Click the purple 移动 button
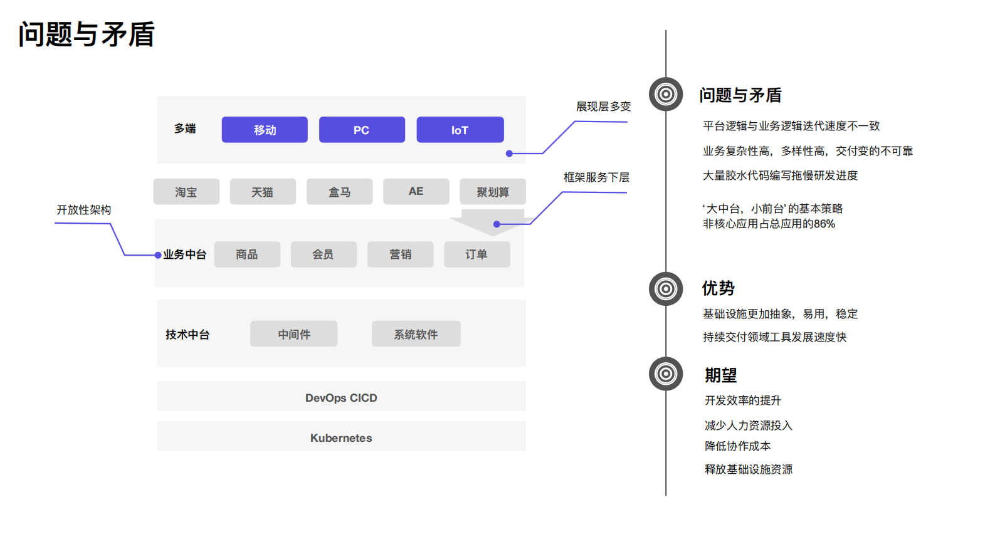coord(265,130)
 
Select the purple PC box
coord(362,130)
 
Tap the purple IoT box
coord(460,130)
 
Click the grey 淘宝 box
coord(186,192)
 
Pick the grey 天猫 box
coord(263,192)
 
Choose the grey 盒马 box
coord(339,192)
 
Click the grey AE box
coord(416,191)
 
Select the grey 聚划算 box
coord(492,192)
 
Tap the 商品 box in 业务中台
coord(247,254)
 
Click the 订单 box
coord(476,254)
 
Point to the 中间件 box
coord(293,334)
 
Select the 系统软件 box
coord(416,334)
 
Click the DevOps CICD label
coord(341,398)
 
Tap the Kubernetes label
coord(341,438)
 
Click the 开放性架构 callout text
coord(83,210)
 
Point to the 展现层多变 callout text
coord(603,107)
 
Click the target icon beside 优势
coord(666,289)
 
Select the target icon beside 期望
coord(666,374)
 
